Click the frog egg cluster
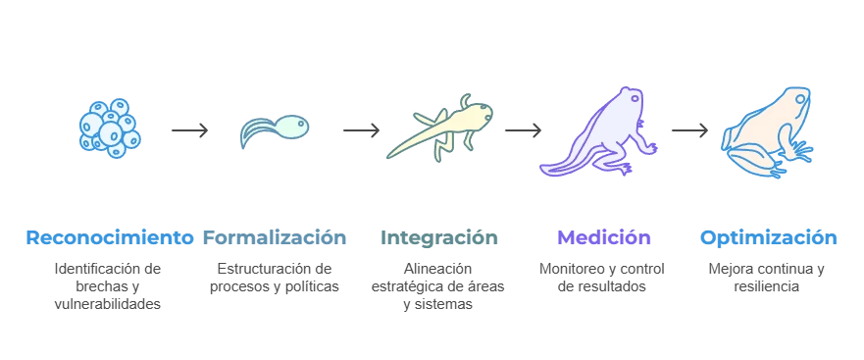109,127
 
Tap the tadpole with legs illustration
441,128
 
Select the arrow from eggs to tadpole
187,129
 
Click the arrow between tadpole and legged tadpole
360,129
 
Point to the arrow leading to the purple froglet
522,129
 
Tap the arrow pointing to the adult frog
689,129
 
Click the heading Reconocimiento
109,237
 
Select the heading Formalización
276,237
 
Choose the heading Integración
438,237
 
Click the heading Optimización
769,237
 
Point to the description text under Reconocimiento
109,284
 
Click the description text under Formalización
276,278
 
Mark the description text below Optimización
769,278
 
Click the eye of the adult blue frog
799,99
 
